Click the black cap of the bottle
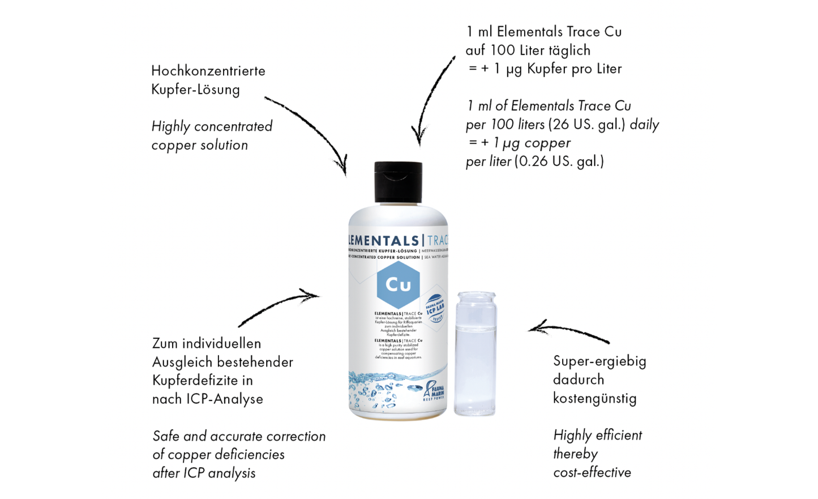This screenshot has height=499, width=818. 398,182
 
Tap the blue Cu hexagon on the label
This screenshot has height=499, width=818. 398,284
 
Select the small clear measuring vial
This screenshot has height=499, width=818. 475,354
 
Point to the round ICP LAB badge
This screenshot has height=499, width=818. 435,308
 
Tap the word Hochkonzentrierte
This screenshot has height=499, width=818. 208,71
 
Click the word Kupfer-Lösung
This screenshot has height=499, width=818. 195,89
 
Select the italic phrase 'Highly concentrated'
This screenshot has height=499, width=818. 212,126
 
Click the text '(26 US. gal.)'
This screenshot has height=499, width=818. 587,124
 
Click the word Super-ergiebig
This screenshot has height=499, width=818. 599,361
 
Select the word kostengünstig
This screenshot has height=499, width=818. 595,398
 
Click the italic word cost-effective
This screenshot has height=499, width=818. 592,472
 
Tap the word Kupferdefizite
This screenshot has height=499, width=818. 202,380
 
